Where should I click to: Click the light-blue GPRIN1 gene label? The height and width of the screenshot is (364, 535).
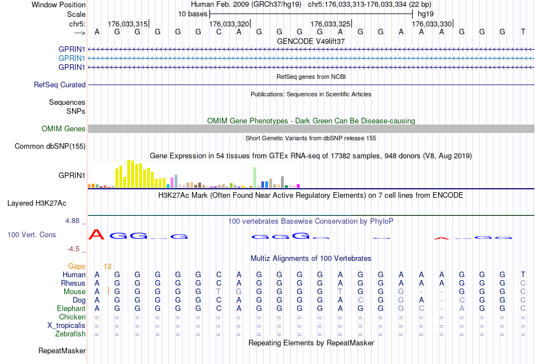click(x=72, y=59)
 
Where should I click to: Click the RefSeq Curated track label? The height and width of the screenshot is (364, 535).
click(x=60, y=85)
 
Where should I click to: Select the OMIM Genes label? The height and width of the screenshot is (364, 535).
click(x=64, y=128)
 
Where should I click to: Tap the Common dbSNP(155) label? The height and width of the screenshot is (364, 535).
click(x=50, y=146)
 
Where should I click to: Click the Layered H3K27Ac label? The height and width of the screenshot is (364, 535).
click(x=37, y=203)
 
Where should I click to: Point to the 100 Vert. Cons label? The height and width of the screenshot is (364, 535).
click(x=32, y=234)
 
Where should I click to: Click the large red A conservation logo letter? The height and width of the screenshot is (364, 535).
click(x=96, y=234)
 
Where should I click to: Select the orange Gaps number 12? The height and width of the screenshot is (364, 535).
click(x=108, y=267)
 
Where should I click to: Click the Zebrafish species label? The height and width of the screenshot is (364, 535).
click(x=70, y=334)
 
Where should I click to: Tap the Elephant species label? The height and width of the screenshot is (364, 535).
click(x=72, y=309)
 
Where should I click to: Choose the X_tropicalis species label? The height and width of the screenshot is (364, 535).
click(x=66, y=326)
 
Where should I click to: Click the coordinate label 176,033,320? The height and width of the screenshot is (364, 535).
click(x=229, y=24)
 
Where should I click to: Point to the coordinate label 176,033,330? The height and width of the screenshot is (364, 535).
click(x=432, y=24)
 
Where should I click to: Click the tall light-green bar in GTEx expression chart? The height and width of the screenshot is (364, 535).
click(x=255, y=177)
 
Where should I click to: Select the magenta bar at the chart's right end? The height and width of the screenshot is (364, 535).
click(x=298, y=186)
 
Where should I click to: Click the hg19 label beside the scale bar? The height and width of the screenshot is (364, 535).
click(x=426, y=14)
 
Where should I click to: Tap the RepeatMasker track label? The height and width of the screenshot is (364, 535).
click(x=62, y=350)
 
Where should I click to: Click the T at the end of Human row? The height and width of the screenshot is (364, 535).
click(x=523, y=274)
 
